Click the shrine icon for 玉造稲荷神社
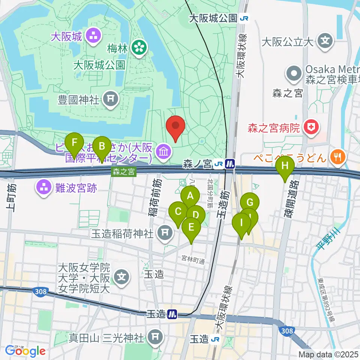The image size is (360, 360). coord(165,233)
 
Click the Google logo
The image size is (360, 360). coord(25,351)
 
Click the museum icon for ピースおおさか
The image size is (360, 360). coord(165,152)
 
